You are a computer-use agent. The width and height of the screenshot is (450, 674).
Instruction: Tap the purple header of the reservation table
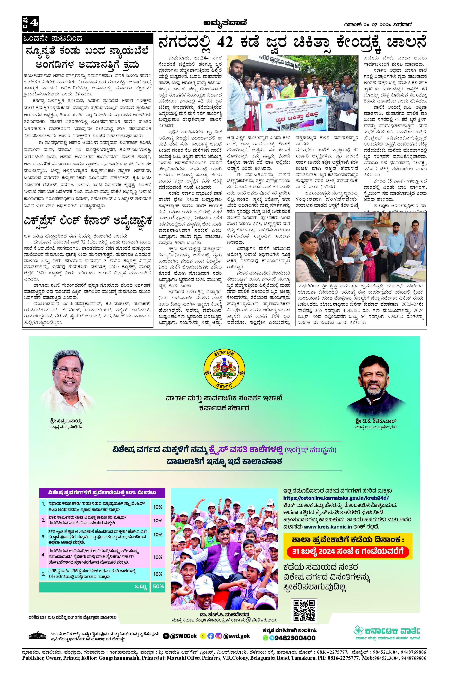(x=102, y=493)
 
